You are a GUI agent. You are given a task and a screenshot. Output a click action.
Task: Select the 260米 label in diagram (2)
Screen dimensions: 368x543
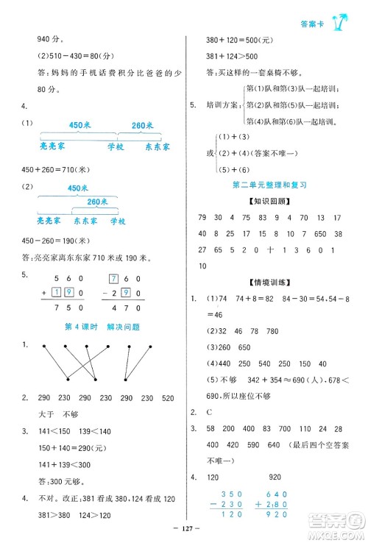pyautogui.click(x=97, y=201)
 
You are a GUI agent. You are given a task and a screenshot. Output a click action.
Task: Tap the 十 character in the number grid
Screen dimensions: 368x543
pyautogui.click(x=271, y=249)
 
